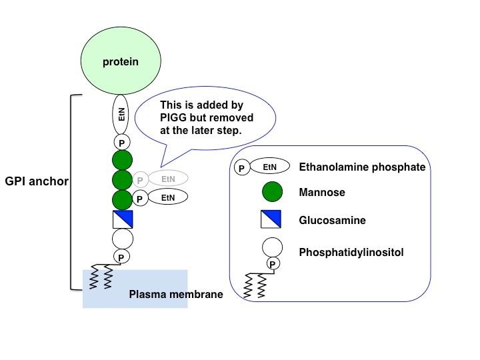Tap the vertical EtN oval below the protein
(x=121, y=114)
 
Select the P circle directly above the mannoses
(x=121, y=143)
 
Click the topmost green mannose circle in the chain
(x=122, y=161)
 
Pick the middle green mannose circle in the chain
(x=122, y=180)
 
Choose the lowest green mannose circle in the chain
(x=122, y=199)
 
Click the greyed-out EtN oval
(x=167, y=179)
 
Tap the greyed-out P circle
(x=140, y=179)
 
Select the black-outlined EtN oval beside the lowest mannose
(x=167, y=198)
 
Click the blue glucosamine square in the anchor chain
(x=122, y=219)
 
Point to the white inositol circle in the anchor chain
(x=122, y=238)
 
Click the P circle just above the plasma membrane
(x=121, y=257)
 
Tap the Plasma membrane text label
(x=175, y=294)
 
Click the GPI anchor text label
(x=37, y=181)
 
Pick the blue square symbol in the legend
(x=271, y=219)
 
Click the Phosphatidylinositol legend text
(x=350, y=253)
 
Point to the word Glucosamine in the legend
(x=332, y=220)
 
